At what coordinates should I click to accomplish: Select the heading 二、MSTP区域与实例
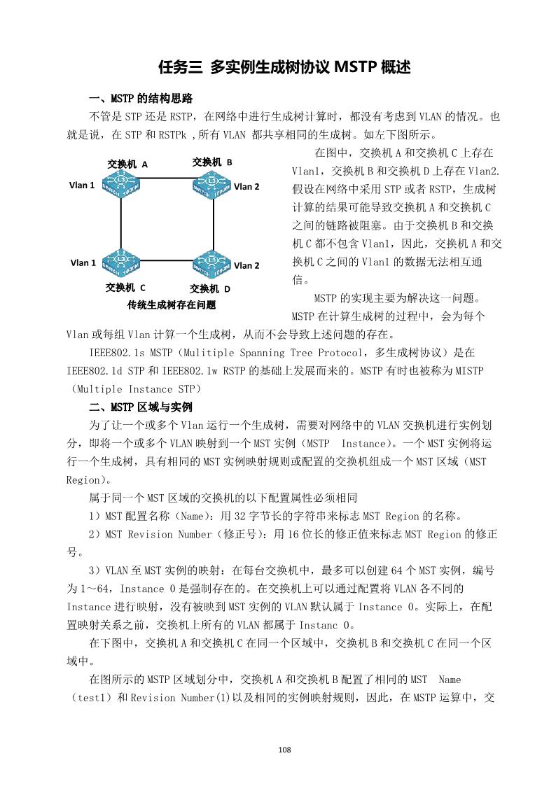(140, 407)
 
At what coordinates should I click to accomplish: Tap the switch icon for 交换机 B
(211, 185)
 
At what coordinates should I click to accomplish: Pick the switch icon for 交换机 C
(120, 262)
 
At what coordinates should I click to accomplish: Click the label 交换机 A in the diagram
(127, 164)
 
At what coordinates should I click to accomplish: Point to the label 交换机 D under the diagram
(210, 288)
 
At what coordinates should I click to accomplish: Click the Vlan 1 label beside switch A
(81, 185)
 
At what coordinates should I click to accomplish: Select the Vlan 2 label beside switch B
(246, 186)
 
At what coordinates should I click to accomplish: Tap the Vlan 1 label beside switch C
(83, 262)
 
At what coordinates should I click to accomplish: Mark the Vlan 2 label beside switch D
(246, 265)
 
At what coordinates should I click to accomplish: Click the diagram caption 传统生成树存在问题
(172, 305)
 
